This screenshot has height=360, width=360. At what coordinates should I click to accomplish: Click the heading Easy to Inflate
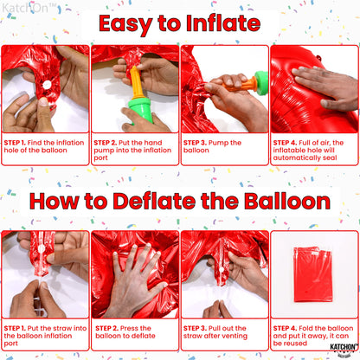pyautogui.click(x=180, y=23)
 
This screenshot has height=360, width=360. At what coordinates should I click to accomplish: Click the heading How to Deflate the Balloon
pyautogui.click(x=180, y=202)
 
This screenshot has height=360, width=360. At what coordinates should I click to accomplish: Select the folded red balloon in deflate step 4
pyautogui.click(x=312, y=274)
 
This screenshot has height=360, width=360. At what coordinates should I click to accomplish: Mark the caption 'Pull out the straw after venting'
pyautogui.click(x=222, y=333)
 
